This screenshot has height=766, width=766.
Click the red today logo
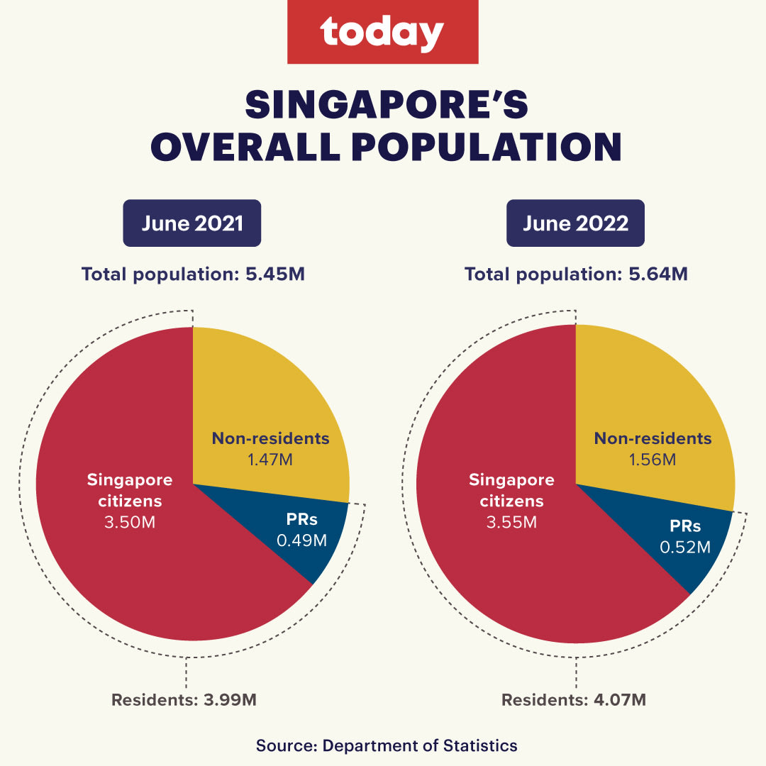click(x=382, y=32)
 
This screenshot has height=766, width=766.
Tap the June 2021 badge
click(x=192, y=223)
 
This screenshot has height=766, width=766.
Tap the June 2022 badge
click(x=575, y=223)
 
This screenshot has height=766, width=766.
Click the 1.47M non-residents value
click(x=270, y=460)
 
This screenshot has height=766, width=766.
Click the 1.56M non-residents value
click(x=653, y=460)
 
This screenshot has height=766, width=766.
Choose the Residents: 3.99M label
click(x=184, y=700)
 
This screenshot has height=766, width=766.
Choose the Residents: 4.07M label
click(x=574, y=700)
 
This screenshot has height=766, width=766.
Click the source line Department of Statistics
click(x=387, y=745)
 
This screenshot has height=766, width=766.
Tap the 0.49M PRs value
click(x=302, y=541)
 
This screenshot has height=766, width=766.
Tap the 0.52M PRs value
click(x=685, y=547)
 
